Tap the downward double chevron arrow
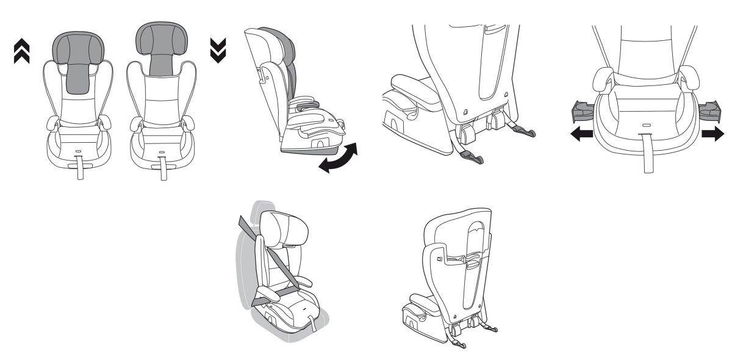point(218,51)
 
